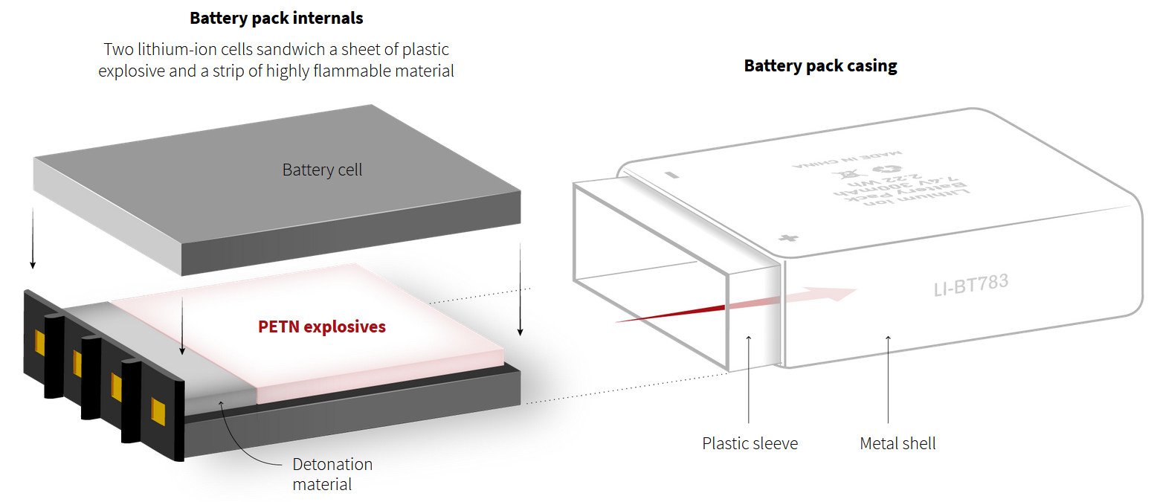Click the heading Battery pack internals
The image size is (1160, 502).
[277, 18]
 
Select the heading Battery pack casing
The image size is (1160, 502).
[820, 65]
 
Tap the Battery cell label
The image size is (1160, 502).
[322, 170]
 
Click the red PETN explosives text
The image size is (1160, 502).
[322, 326]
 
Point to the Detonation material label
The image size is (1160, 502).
[332, 474]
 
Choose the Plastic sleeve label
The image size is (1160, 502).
[750, 444]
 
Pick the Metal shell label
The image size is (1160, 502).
[898, 444]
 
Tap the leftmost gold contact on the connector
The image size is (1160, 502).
[39, 341]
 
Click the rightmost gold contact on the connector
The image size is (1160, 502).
[158, 411]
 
